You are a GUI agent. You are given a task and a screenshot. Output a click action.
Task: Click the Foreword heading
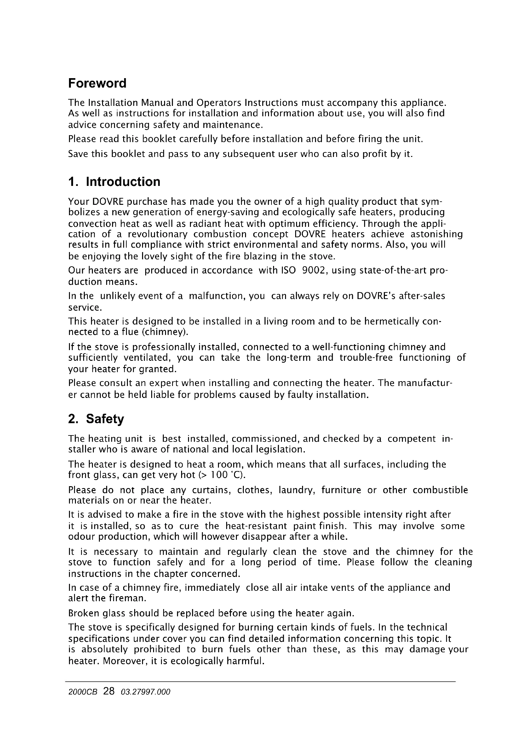(x=97, y=83)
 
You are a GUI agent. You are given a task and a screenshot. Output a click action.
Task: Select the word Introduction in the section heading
(x=123, y=182)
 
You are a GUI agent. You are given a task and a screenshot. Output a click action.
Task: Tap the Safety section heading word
(x=105, y=419)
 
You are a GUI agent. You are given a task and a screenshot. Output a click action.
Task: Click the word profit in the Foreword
(x=375, y=154)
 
